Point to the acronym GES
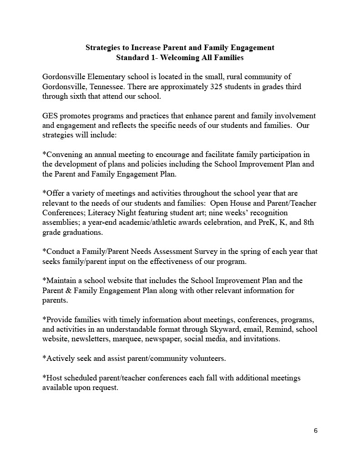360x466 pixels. pyautogui.click(x=50, y=116)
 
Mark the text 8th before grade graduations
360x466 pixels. pyautogui.click(x=308, y=223)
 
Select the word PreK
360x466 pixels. pyautogui.click(x=259, y=223)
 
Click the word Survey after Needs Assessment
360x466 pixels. pyautogui.click(x=189, y=252)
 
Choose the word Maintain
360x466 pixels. pyautogui.click(x=61, y=281)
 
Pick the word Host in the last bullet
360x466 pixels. pyautogui.click(x=52, y=378)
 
